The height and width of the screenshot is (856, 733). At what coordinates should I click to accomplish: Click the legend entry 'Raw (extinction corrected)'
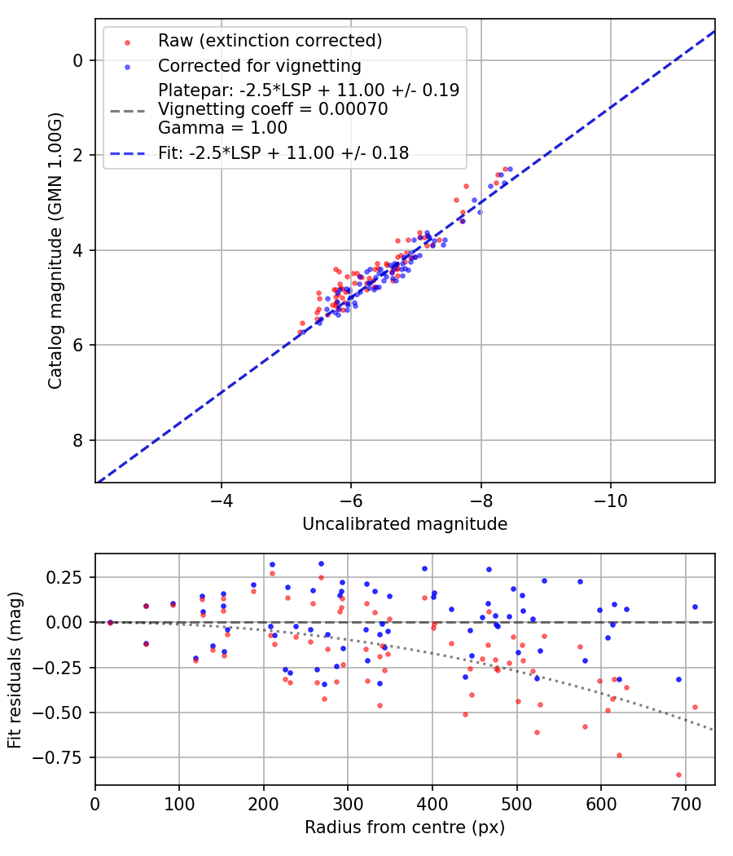270,41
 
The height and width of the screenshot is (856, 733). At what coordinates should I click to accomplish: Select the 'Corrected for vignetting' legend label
259,66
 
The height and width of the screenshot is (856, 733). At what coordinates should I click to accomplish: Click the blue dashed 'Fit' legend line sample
127,152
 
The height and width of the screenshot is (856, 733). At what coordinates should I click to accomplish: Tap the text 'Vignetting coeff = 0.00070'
273,109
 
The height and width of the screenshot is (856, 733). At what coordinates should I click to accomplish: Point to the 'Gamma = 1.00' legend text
222,128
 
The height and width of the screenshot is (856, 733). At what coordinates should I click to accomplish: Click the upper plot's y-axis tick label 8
77,440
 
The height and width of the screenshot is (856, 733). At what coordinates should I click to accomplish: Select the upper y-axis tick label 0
77,60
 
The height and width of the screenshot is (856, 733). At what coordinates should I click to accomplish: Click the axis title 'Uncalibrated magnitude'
405,524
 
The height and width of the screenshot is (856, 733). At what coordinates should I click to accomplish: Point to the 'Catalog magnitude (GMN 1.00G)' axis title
55,250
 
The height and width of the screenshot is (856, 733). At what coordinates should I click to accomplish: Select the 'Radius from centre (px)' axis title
405,827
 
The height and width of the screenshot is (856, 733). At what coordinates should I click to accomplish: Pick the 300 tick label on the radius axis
348,804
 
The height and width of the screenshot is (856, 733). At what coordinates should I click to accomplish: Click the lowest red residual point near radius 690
678,774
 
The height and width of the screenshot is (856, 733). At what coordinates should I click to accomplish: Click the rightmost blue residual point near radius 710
695,607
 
